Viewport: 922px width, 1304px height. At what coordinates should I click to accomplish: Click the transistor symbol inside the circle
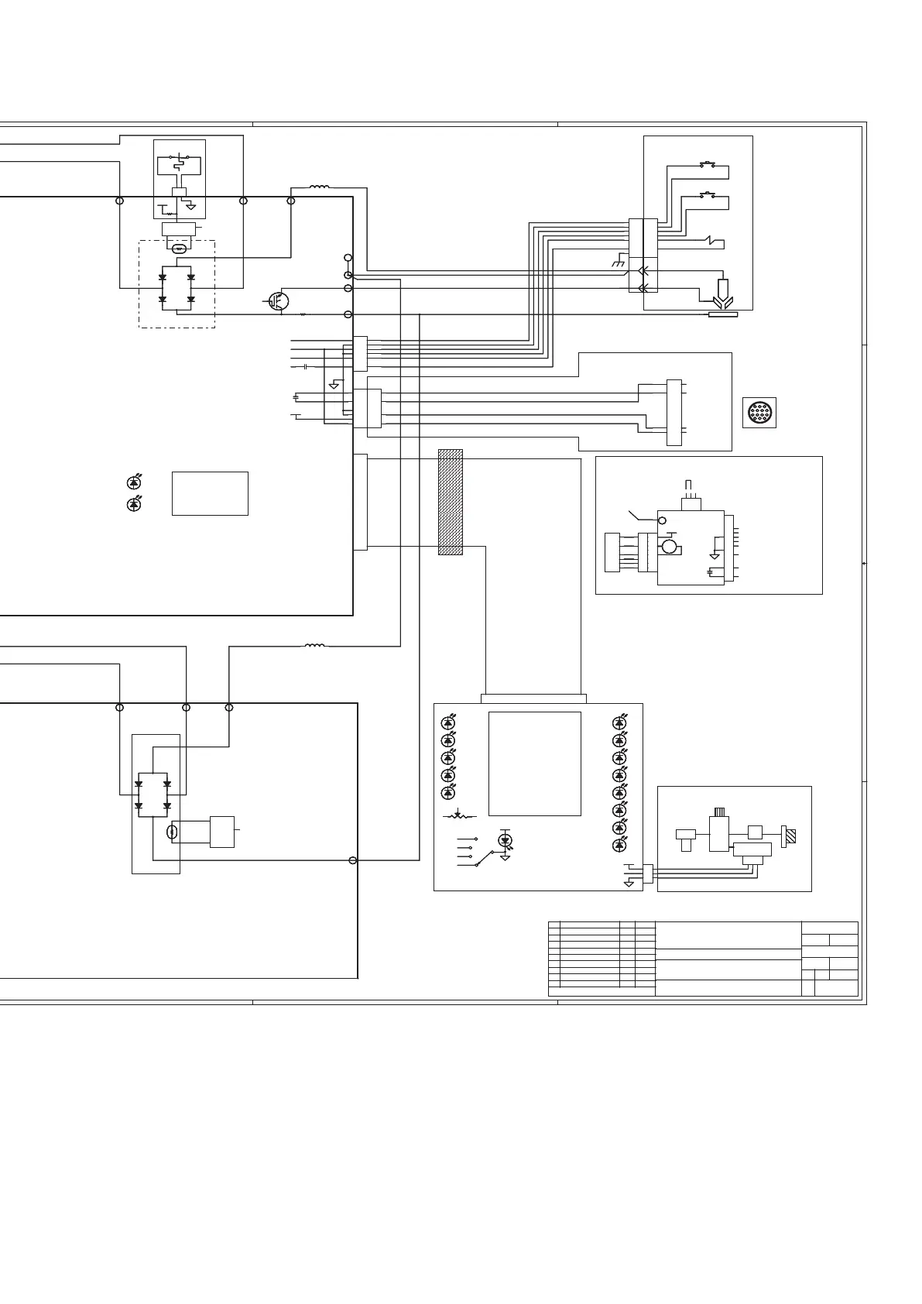tap(279, 301)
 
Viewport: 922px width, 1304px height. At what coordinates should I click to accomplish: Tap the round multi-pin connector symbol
tap(759, 413)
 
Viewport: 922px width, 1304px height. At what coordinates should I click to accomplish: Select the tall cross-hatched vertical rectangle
tap(451, 502)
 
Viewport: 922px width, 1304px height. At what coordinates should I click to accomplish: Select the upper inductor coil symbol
tap(317, 187)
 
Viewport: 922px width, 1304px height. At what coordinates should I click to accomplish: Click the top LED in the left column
tap(447, 722)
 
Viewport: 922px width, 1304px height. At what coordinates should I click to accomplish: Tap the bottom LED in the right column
tap(619, 845)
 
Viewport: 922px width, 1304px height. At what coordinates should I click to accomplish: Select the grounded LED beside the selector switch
tap(506, 841)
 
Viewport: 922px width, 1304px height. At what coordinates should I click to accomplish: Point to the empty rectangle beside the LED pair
tap(210, 493)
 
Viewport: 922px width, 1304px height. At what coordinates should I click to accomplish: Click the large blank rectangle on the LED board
tap(535, 763)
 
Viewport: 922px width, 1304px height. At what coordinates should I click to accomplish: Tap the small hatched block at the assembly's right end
tap(790, 837)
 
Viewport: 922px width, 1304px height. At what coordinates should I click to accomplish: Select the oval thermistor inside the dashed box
tap(179, 249)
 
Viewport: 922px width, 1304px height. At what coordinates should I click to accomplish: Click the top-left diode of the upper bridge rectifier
tap(163, 276)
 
